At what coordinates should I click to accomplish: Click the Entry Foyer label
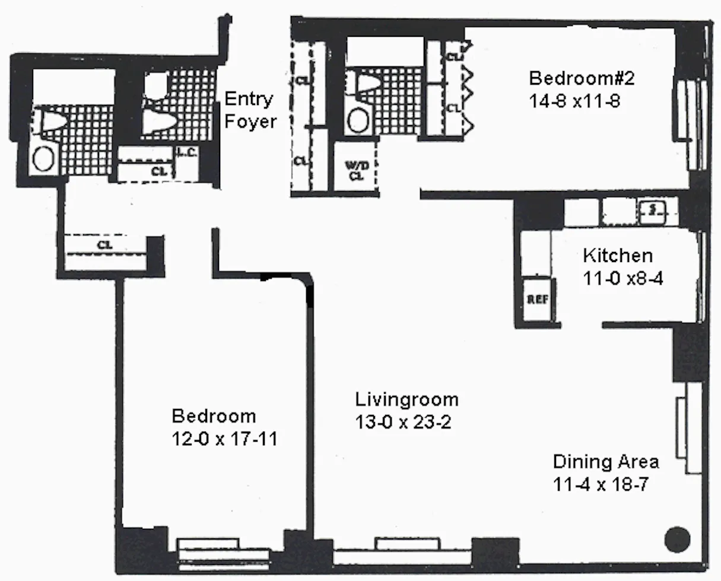pyautogui.click(x=250, y=110)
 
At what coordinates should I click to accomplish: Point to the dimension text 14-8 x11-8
pyautogui.click(x=574, y=101)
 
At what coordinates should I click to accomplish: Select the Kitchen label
pyautogui.click(x=618, y=256)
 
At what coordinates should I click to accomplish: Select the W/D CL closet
pyautogui.click(x=356, y=168)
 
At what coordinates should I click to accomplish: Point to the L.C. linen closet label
pyautogui.click(x=188, y=153)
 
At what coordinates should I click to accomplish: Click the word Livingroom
pyautogui.click(x=406, y=399)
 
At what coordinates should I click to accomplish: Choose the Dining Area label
pyautogui.click(x=606, y=461)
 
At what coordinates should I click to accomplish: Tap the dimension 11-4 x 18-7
pyautogui.click(x=599, y=484)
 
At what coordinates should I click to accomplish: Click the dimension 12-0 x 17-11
pyautogui.click(x=224, y=439)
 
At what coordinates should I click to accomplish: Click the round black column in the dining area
pyautogui.click(x=677, y=539)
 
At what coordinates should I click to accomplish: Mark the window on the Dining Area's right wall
pyautogui.click(x=690, y=427)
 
